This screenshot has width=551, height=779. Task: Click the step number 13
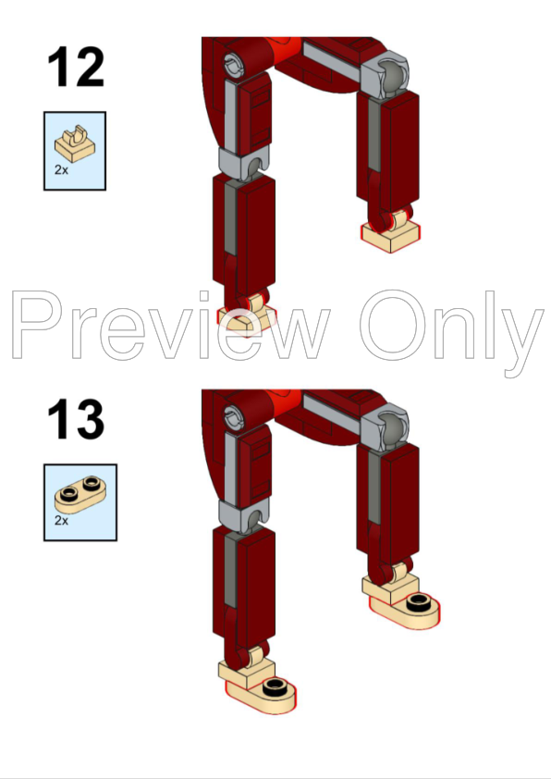76,419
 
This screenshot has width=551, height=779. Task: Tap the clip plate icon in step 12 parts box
74,142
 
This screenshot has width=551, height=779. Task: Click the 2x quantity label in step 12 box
61,171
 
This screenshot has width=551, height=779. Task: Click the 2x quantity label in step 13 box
61,521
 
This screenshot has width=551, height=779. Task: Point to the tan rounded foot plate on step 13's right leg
407,611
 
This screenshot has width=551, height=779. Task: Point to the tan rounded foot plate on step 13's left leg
263,693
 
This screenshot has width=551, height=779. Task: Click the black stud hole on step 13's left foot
275,686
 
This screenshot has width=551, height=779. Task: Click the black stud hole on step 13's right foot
419,604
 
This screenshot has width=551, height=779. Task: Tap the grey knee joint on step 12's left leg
242,163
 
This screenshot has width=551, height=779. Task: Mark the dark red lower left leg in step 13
244,583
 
